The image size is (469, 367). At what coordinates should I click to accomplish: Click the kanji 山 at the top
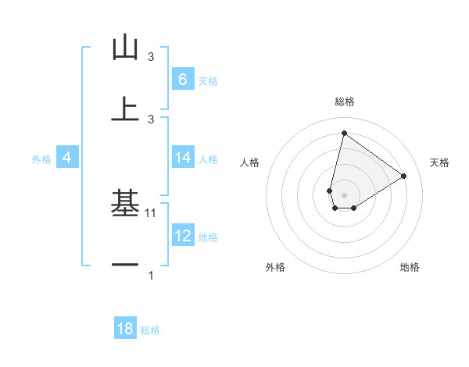[125, 48]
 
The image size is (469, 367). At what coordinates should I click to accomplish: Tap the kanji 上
[125, 109]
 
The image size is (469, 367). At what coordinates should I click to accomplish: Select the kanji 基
[125, 205]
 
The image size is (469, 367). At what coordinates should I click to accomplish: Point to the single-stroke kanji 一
[125, 265]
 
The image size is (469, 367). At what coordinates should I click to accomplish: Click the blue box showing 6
[183, 80]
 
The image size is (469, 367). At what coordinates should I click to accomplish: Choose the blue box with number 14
[183, 158]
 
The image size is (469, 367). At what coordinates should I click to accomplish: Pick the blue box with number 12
[183, 236]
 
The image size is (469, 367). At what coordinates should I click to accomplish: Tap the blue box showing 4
[67, 158]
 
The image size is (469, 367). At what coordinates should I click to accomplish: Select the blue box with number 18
[125, 329]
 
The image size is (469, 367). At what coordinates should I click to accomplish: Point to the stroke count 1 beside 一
[151, 275]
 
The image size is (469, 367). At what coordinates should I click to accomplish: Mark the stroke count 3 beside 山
[151, 57]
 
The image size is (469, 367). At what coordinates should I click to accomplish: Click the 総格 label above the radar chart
[344, 102]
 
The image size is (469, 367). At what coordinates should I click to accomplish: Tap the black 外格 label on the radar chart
[275, 267]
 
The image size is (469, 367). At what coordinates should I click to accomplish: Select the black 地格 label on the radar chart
[410, 267]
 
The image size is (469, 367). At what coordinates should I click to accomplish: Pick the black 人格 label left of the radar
[250, 162]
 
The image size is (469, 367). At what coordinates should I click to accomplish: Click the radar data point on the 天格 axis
[403, 176]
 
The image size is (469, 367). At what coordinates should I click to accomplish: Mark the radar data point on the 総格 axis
[344, 133]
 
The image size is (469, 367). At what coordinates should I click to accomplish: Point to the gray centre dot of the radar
[344, 194]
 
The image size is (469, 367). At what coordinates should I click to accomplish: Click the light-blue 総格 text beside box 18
[150, 330]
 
